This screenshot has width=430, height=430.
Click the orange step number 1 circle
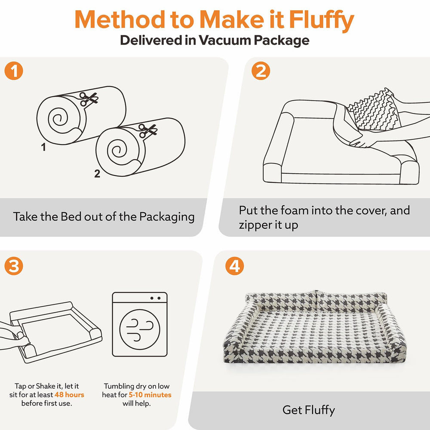point(14,71)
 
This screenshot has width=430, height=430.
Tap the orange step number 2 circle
point(261,71)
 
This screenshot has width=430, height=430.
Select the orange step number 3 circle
point(14,266)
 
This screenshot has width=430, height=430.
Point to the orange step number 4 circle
point(234,266)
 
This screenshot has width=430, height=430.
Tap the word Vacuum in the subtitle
point(225,40)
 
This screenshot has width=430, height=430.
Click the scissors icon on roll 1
point(89,99)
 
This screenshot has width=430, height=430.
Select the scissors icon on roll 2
point(147,131)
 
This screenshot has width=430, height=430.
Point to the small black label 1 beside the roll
point(43,147)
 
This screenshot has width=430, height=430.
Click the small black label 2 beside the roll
point(97,174)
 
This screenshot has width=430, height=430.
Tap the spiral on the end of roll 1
point(58,119)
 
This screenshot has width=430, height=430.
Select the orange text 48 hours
point(69,395)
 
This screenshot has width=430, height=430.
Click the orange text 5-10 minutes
point(150,395)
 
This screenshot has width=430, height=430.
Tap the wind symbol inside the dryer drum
point(140,330)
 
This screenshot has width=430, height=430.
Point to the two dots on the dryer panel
point(155,298)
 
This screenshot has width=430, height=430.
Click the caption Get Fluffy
point(308,410)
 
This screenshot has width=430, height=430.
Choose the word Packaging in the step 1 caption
point(167,217)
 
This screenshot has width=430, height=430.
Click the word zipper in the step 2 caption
point(256,225)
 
